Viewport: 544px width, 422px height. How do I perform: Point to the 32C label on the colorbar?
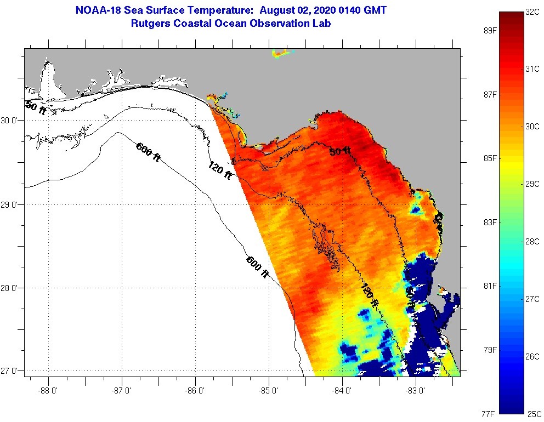point(532,12)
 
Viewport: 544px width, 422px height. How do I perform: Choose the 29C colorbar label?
point(532,184)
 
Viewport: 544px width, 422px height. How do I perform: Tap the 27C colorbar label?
point(532,299)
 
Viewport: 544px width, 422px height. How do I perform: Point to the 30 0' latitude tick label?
point(10,120)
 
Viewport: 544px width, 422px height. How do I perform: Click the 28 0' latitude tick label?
point(10,288)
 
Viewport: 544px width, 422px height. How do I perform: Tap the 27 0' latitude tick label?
point(10,372)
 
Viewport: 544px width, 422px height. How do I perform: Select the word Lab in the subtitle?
point(322,24)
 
